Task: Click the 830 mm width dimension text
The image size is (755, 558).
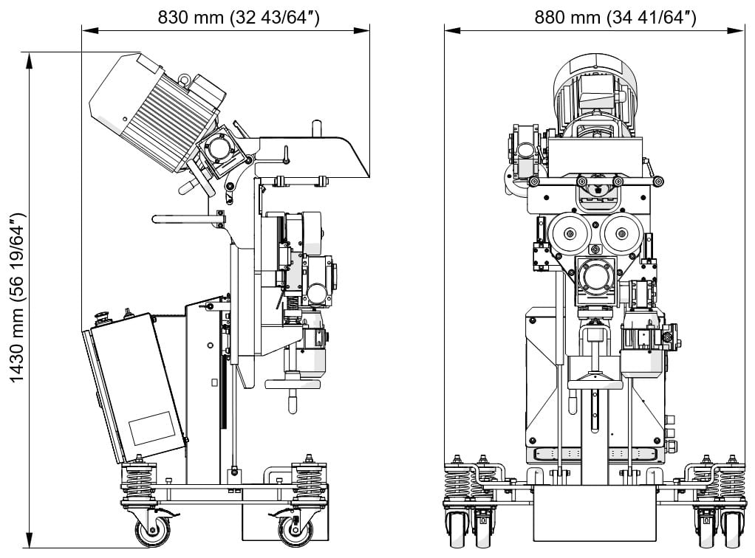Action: (238, 17)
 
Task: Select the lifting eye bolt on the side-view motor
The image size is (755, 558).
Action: (183, 76)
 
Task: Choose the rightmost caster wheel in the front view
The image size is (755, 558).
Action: (732, 529)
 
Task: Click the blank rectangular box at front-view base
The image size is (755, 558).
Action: (595, 517)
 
